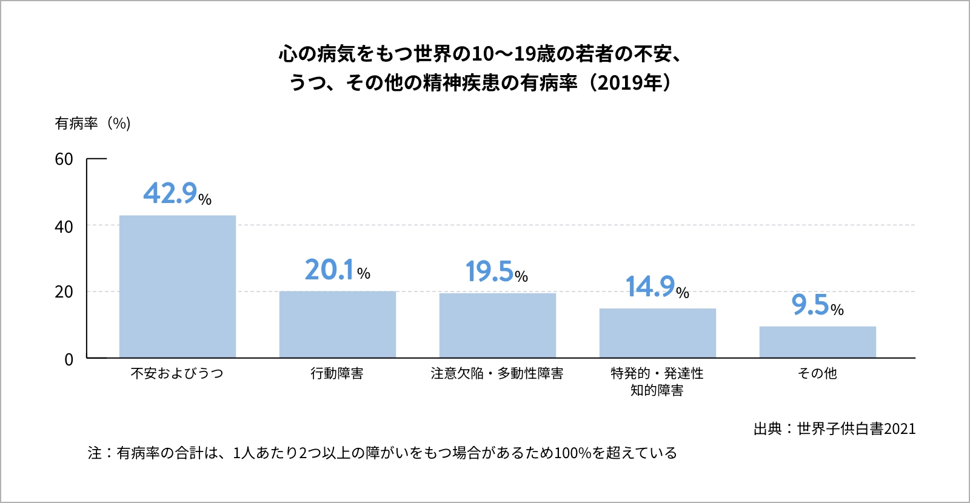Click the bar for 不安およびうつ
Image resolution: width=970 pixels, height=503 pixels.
[x=177, y=286]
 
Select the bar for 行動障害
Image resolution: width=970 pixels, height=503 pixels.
[x=337, y=324]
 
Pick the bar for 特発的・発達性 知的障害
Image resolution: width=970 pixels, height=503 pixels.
[x=657, y=333]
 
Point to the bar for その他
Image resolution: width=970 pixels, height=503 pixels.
[x=817, y=342]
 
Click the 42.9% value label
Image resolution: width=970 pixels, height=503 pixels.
[x=177, y=194]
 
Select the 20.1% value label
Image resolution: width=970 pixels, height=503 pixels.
[x=337, y=270]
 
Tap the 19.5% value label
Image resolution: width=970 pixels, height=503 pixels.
[x=497, y=272]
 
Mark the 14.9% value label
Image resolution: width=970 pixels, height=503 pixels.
[x=657, y=287]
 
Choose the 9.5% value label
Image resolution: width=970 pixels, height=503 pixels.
[x=817, y=305]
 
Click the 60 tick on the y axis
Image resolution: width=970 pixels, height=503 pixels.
[x=64, y=159]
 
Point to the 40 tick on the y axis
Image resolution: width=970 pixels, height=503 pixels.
[x=64, y=227]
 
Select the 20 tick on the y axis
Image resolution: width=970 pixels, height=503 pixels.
[x=64, y=292]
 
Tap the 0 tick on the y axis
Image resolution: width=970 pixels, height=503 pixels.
[x=69, y=359]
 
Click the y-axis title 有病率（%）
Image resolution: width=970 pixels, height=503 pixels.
[x=93, y=124]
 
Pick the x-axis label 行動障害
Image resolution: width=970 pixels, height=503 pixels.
[x=337, y=373]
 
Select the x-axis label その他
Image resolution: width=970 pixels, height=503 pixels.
[x=817, y=373]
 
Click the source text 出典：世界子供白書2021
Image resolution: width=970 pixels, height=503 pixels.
[x=834, y=429]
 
